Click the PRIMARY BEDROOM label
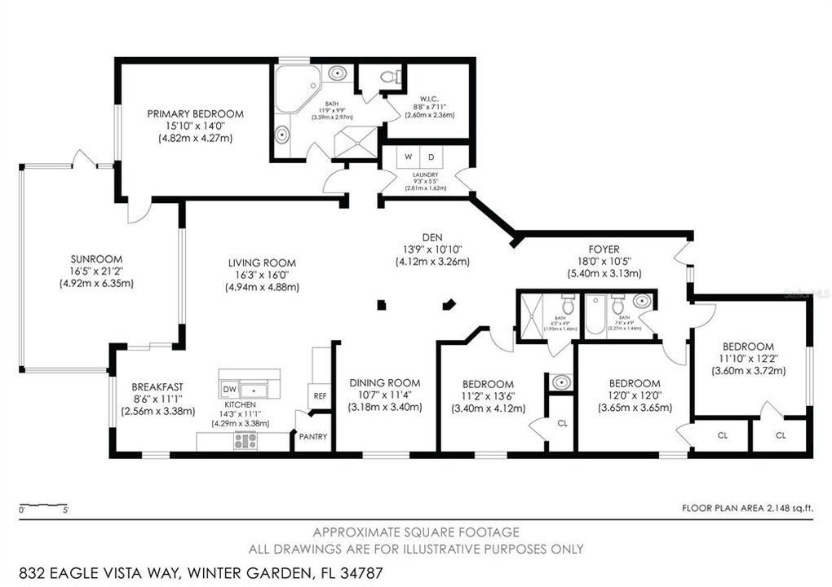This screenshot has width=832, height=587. pos(195,114)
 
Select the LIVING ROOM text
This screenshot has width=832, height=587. pos(261,263)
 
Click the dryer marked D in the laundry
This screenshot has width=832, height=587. pos(431,157)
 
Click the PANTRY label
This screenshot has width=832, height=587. pos(312,437)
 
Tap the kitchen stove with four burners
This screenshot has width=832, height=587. pos(246,441)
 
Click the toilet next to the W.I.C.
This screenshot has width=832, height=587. pos(391,77)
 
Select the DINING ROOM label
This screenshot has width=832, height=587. pos(385,383)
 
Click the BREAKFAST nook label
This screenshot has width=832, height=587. pos(158,387)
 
